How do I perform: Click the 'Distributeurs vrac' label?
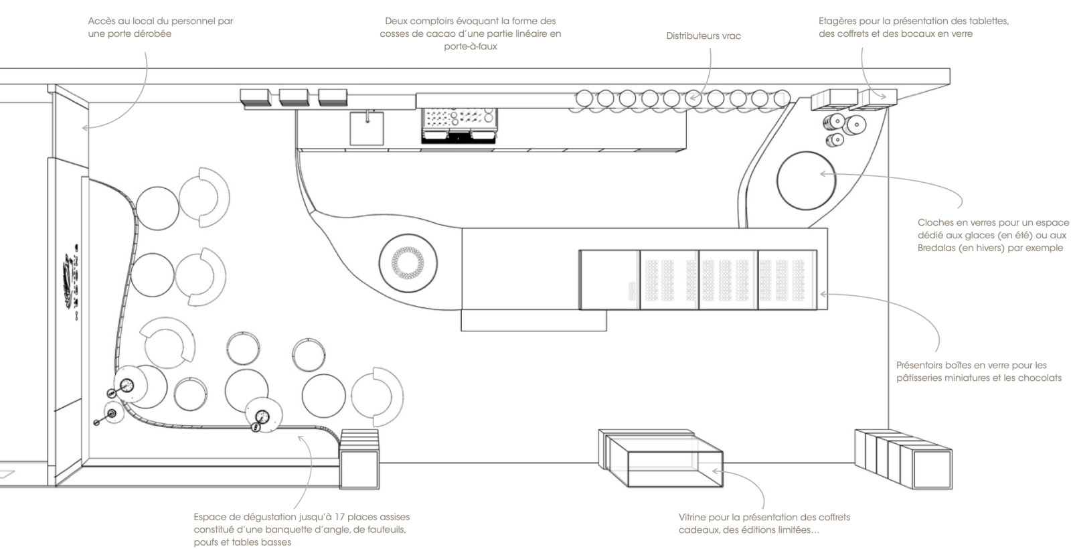704,36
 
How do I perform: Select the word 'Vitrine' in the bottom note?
693,518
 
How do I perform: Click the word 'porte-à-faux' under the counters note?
471,47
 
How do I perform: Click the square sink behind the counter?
367,128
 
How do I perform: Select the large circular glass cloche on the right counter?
806,181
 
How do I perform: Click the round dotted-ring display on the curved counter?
408,263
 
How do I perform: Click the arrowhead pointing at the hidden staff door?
85,128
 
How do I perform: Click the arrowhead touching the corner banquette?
300,438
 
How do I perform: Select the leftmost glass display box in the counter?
610,280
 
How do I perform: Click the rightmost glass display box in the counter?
787,280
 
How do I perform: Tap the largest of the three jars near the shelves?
854,125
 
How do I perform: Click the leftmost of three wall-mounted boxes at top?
255,97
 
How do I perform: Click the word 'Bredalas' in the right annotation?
936,248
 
